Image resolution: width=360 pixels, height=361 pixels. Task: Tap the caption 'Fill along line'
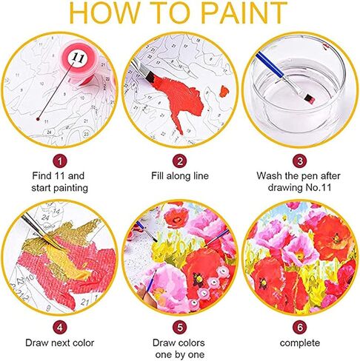(x=179, y=177)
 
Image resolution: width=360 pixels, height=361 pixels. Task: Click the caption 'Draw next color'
(x=61, y=342)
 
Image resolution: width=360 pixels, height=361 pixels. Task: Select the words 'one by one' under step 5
(x=179, y=353)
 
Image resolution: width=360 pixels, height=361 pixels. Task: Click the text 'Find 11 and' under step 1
(x=61, y=177)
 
